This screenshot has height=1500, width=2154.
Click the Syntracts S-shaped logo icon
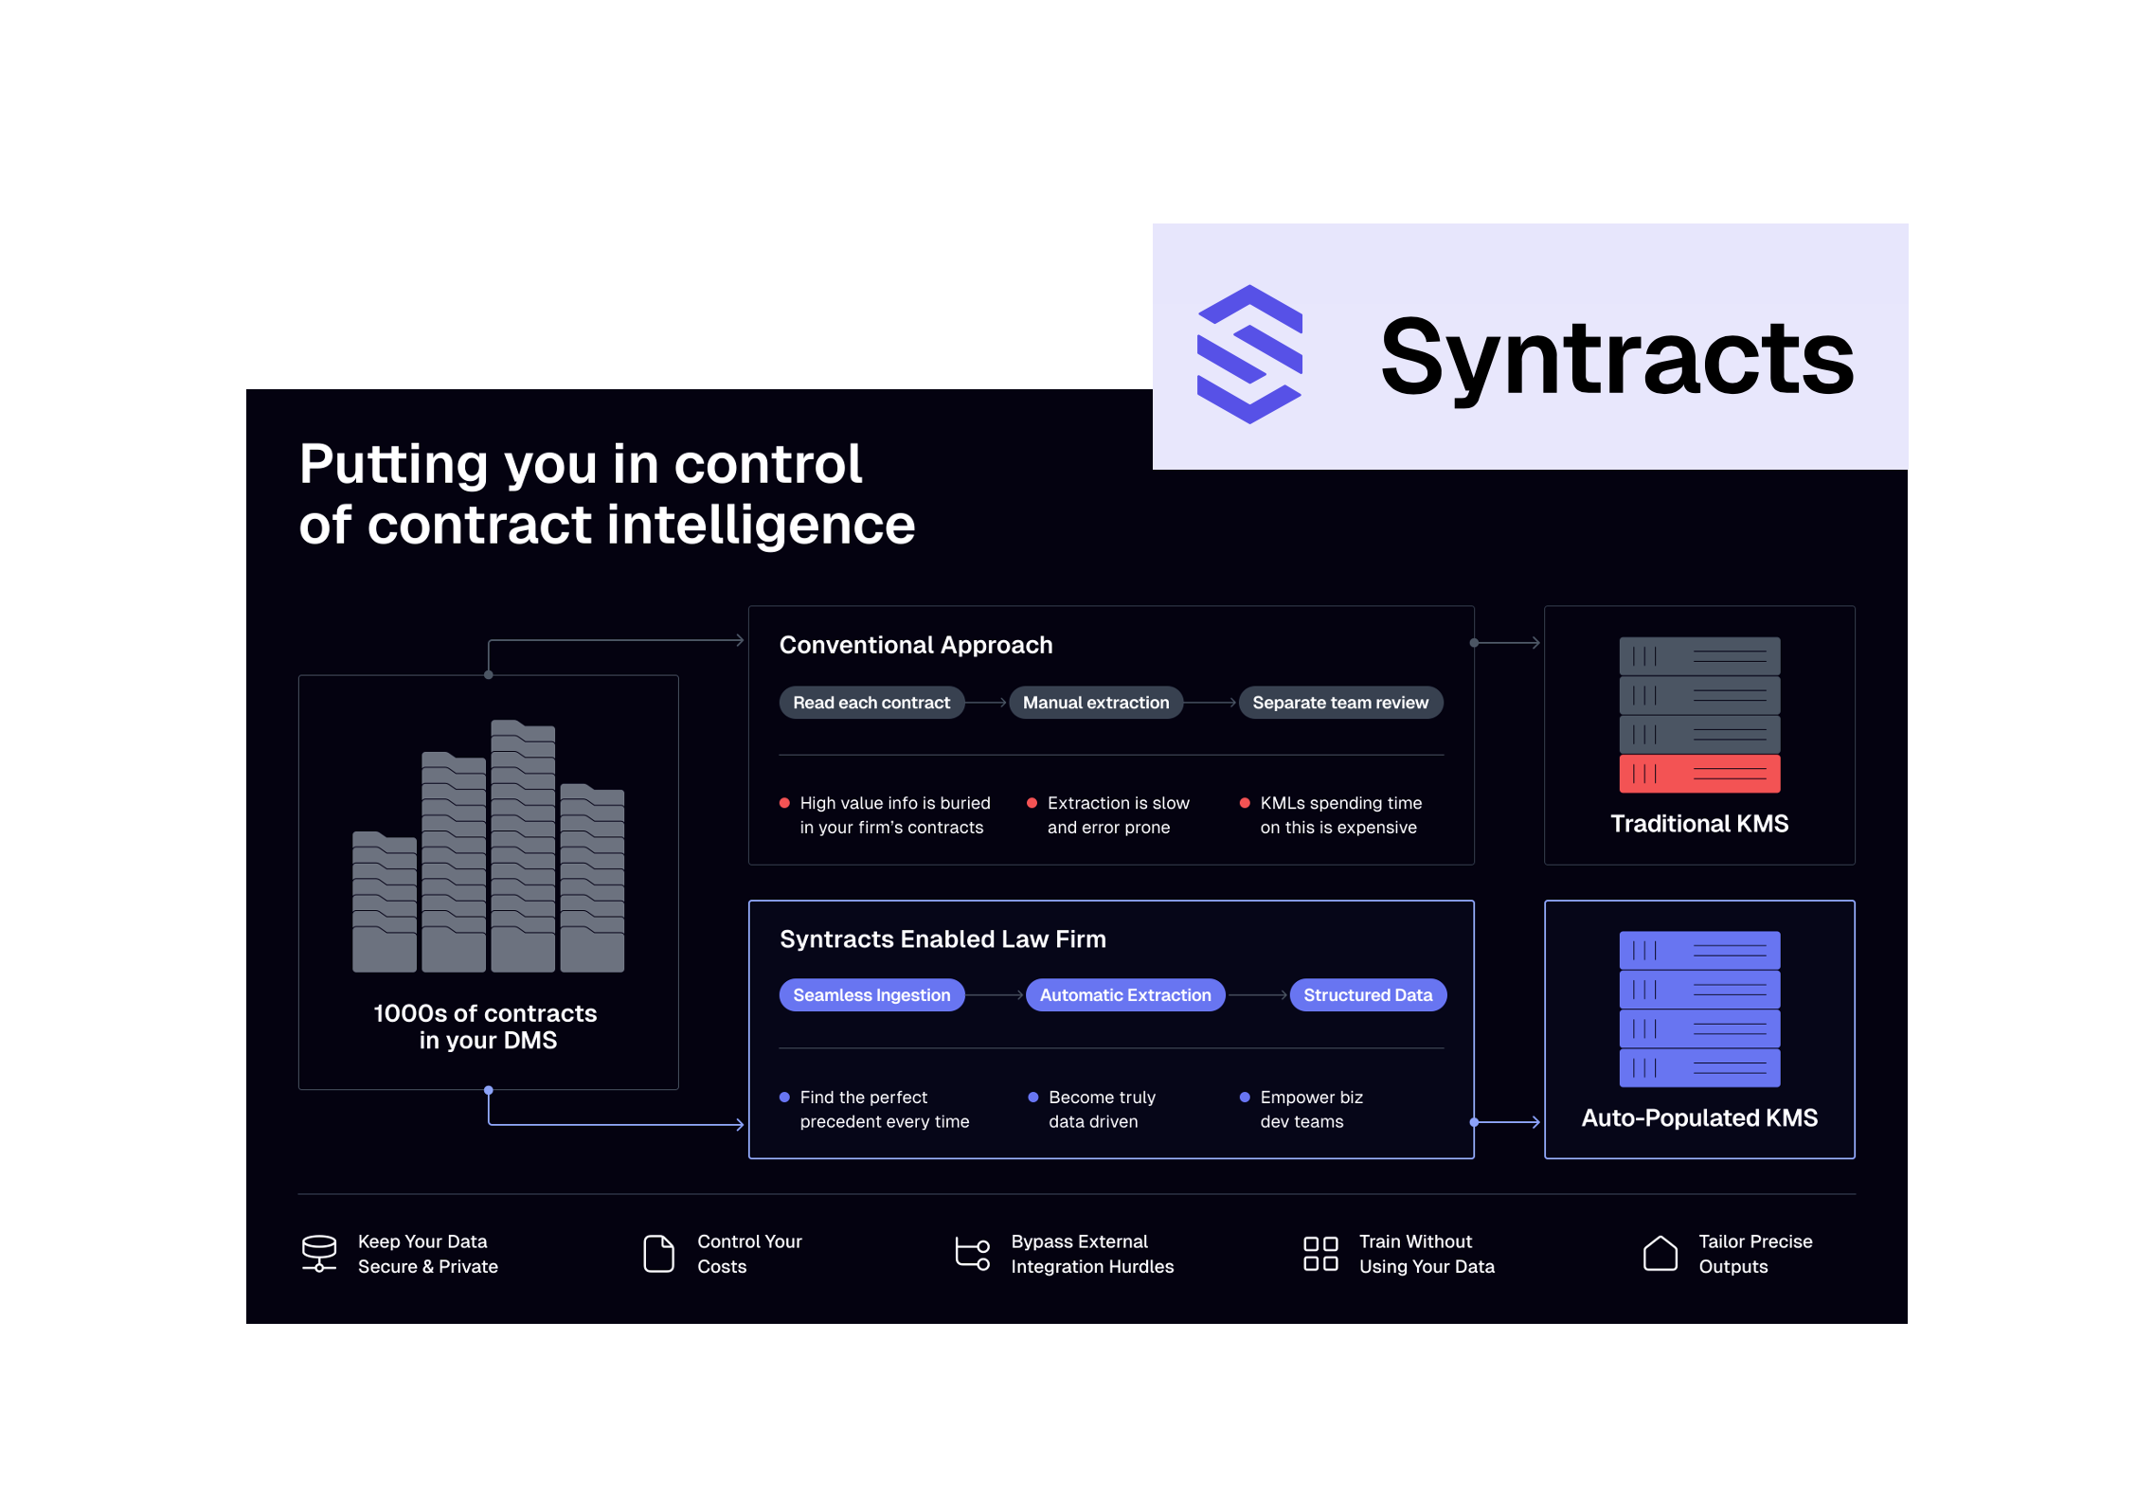pos(1249,354)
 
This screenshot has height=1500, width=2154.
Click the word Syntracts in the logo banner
pos(1617,358)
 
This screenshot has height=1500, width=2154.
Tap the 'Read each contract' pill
pos(871,703)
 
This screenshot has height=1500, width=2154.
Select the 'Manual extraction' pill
pos(1096,703)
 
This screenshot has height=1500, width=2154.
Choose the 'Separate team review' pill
pos(1340,703)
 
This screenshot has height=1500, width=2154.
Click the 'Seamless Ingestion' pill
pos(871,995)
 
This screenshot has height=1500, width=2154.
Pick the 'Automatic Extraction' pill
pos(1125,995)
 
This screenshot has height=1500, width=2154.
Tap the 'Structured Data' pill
pos(1368,995)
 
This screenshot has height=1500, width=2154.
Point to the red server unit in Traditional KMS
pos(1699,774)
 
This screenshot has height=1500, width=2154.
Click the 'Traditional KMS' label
pos(1699,824)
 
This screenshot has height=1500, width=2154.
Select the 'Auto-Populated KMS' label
pos(1699,1118)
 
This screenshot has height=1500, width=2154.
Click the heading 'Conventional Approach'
pos(916,645)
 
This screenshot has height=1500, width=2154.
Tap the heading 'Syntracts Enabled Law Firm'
pos(942,939)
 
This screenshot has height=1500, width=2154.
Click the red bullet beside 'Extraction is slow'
pos(1032,803)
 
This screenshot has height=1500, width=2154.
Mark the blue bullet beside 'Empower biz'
pos(1245,1098)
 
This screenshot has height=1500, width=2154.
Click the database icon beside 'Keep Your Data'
pos(319,1253)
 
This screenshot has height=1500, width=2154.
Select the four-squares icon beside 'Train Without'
pos(1320,1254)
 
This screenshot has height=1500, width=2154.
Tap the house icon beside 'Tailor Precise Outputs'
pos(1660,1253)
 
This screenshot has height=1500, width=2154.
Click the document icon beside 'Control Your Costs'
pos(658,1254)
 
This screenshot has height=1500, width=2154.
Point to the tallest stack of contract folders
pos(523,846)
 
